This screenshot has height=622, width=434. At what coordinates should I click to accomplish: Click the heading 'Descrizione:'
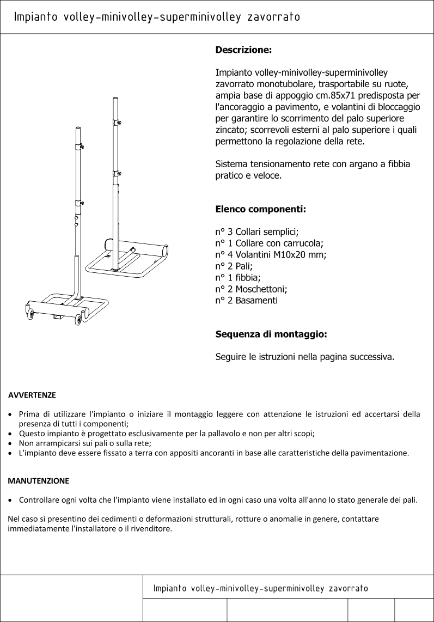pyautogui.click(x=243, y=50)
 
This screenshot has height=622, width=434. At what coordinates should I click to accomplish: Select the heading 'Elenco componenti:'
pyautogui.click(x=260, y=209)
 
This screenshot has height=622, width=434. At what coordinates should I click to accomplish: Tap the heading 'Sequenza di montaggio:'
pyautogui.click(x=271, y=334)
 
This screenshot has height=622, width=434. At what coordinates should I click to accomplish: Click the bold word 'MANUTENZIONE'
pyautogui.click(x=38, y=481)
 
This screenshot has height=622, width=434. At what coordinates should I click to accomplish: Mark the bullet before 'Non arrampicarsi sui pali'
pyautogui.click(x=11, y=443)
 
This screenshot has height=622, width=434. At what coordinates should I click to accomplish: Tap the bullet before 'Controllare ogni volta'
pyautogui.click(x=11, y=500)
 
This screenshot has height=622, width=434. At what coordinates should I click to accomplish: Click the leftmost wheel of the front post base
pyautogui.click(x=30, y=314)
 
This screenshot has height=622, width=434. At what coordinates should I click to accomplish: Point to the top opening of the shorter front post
pyautogui.click(x=77, y=128)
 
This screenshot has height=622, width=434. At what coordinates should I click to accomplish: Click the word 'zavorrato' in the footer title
pyautogui.click(x=349, y=588)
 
